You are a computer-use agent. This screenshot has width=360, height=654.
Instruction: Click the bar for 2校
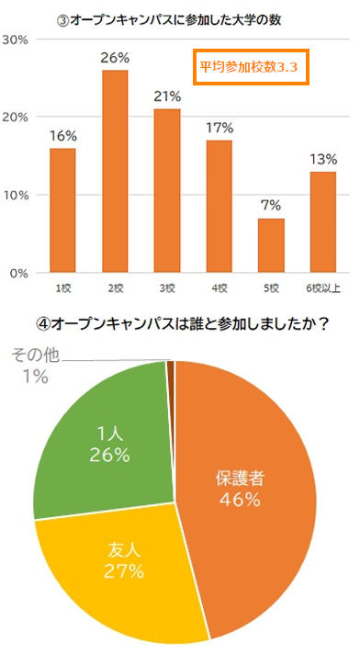click(x=115, y=172)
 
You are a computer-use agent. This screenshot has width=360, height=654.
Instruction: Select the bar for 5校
click(x=271, y=245)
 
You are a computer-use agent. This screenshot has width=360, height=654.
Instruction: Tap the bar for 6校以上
click(x=323, y=222)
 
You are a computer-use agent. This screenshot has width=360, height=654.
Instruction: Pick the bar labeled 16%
click(x=62, y=210)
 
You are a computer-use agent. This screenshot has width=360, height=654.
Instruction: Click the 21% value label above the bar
click(x=166, y=96)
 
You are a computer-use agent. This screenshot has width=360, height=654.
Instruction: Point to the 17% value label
click(x=219, y=128)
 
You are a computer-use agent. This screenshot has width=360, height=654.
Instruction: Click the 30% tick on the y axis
click(x=17, y=40)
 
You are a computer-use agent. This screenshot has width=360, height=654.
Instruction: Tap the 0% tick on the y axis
click(x=20, y=273)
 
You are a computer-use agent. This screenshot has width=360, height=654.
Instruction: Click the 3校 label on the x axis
click(x=166, y=288)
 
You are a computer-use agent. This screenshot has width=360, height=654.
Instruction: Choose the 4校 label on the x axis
click(x=219, y=288)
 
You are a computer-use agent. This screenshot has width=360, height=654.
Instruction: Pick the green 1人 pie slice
click(x=101, y=441)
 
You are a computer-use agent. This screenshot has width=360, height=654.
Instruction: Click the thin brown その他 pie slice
click(x=171, y=367)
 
